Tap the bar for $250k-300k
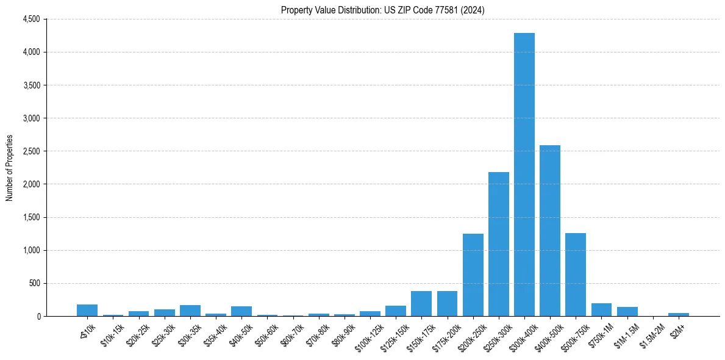click(498, 244)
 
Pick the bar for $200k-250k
click(473, 275)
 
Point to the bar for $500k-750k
click(575, 275)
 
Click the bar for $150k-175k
click(421, 304)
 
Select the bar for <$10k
click(87, 310)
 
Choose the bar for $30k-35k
click(190, 311)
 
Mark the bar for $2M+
click(678, 314)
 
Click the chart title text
click(383, 10)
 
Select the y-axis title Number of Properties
click(10, 168)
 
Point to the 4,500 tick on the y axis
click(30, 20)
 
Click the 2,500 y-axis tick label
click(30, 151)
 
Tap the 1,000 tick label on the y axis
click(30, 250)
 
